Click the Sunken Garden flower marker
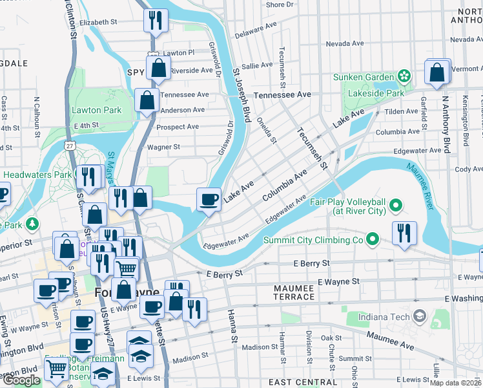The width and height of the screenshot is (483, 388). pyautogui.click(x=404, y=77)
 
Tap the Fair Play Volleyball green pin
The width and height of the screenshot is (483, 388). pyautogui.click(x=396, y=206)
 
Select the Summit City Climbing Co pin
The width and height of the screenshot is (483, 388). pyautogui.click(x=372, y=241)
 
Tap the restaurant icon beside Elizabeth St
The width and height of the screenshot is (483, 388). pyautogui.click(x=156, y=21)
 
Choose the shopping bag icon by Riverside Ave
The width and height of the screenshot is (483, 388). pyautogui.click(x=158, y=69)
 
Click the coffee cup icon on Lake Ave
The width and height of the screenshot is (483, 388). pyautogui.click(x=209, y=199)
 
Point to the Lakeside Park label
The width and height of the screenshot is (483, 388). pyautogui.click(x=377, y=93)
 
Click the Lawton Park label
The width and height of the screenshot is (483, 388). pyautogui.click(x=97, y=110)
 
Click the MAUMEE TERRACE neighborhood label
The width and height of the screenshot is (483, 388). pyautogui.click(x=284, y=292)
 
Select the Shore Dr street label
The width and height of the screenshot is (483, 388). pyautogui.click(x=280, y=5)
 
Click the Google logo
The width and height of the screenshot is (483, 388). pyautogui.click(x=21, y=380)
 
